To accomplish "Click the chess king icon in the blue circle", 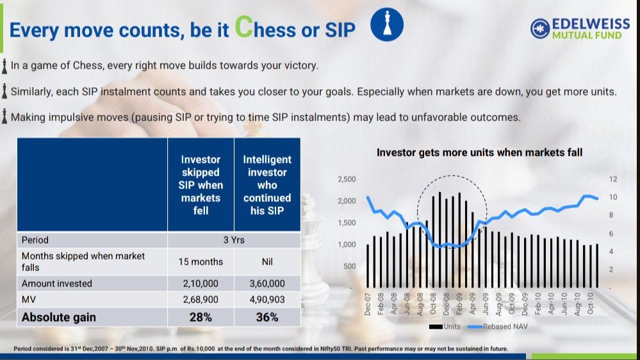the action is coord(387,24).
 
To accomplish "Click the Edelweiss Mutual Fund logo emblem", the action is coord(540,29).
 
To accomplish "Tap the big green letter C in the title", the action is coord(244,27).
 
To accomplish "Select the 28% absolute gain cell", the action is coord(201,317).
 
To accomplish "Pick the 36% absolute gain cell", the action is coord(267,317).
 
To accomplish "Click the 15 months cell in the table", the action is coord(201,261).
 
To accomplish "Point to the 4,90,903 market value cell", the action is coord(267,300).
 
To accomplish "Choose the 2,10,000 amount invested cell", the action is coord(201,284).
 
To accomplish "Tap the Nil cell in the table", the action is coord(267,261).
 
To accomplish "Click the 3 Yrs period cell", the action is coord(234,240).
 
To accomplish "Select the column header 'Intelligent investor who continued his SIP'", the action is coord(267,185).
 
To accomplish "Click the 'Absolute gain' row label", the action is coord(59,317).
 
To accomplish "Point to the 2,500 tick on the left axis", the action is coord(347,179).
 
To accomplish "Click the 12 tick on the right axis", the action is coord(613,179).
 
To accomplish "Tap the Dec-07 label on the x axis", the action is coord(367,304).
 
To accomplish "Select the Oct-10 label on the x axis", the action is coord(590,303).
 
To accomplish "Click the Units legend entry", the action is coord(445,327).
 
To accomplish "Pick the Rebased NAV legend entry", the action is coord(498,327).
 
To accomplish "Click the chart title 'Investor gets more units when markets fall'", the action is coord(479,152).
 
